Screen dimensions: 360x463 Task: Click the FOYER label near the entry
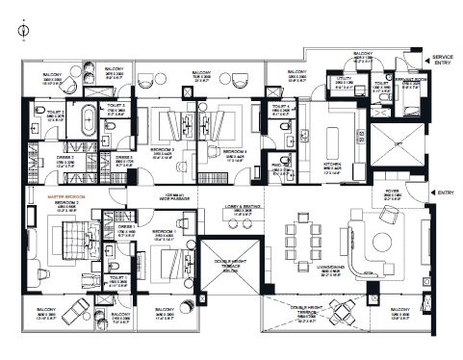(394, 193)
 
